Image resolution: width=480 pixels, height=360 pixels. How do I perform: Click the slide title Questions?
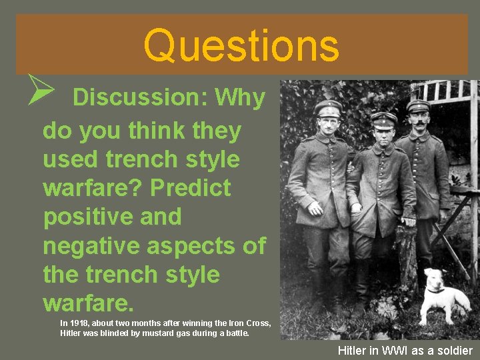(241, 45)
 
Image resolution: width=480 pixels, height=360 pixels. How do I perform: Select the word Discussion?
(139, 99)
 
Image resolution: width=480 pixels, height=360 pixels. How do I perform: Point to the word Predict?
(191, 188)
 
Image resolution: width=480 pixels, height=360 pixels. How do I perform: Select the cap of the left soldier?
(328, 107)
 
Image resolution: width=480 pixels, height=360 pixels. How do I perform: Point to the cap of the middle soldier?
(384, 120)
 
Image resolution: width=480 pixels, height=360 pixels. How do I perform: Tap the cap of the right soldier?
(418, 105)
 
